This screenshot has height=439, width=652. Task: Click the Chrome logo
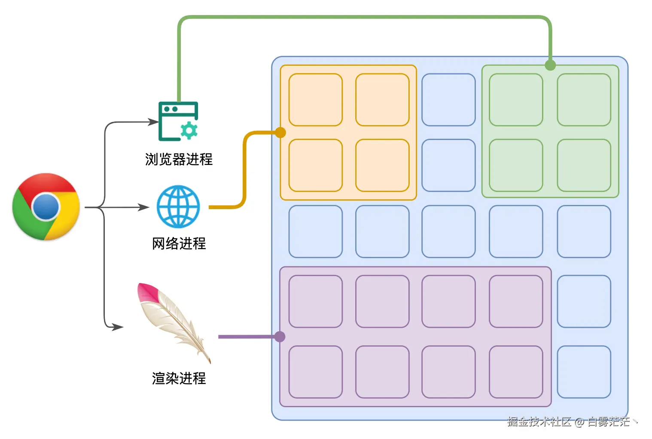coord(46,207)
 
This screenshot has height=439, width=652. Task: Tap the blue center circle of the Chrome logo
coord(46,207)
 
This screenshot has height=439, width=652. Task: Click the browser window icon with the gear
coord(178,121)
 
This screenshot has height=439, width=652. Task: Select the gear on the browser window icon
coord(189,131)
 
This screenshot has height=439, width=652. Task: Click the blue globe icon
coord(178,207)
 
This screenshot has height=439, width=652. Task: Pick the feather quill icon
coord(174,323)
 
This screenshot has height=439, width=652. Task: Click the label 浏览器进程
coord(179,159)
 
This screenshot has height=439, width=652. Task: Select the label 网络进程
coord(179,244)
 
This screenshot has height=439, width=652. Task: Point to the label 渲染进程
coord(179,378)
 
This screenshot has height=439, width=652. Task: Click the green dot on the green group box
coord(550,65)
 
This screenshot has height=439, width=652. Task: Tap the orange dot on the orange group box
coord(280,133)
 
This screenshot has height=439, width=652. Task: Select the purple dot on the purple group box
coord(280,337)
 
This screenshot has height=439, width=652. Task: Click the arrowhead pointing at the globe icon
coord(144,207)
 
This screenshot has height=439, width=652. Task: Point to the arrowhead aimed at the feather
coord(118,327)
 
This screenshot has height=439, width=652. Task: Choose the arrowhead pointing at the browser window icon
coord(153,122)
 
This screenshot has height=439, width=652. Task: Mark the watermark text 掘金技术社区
coord(539,422)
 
